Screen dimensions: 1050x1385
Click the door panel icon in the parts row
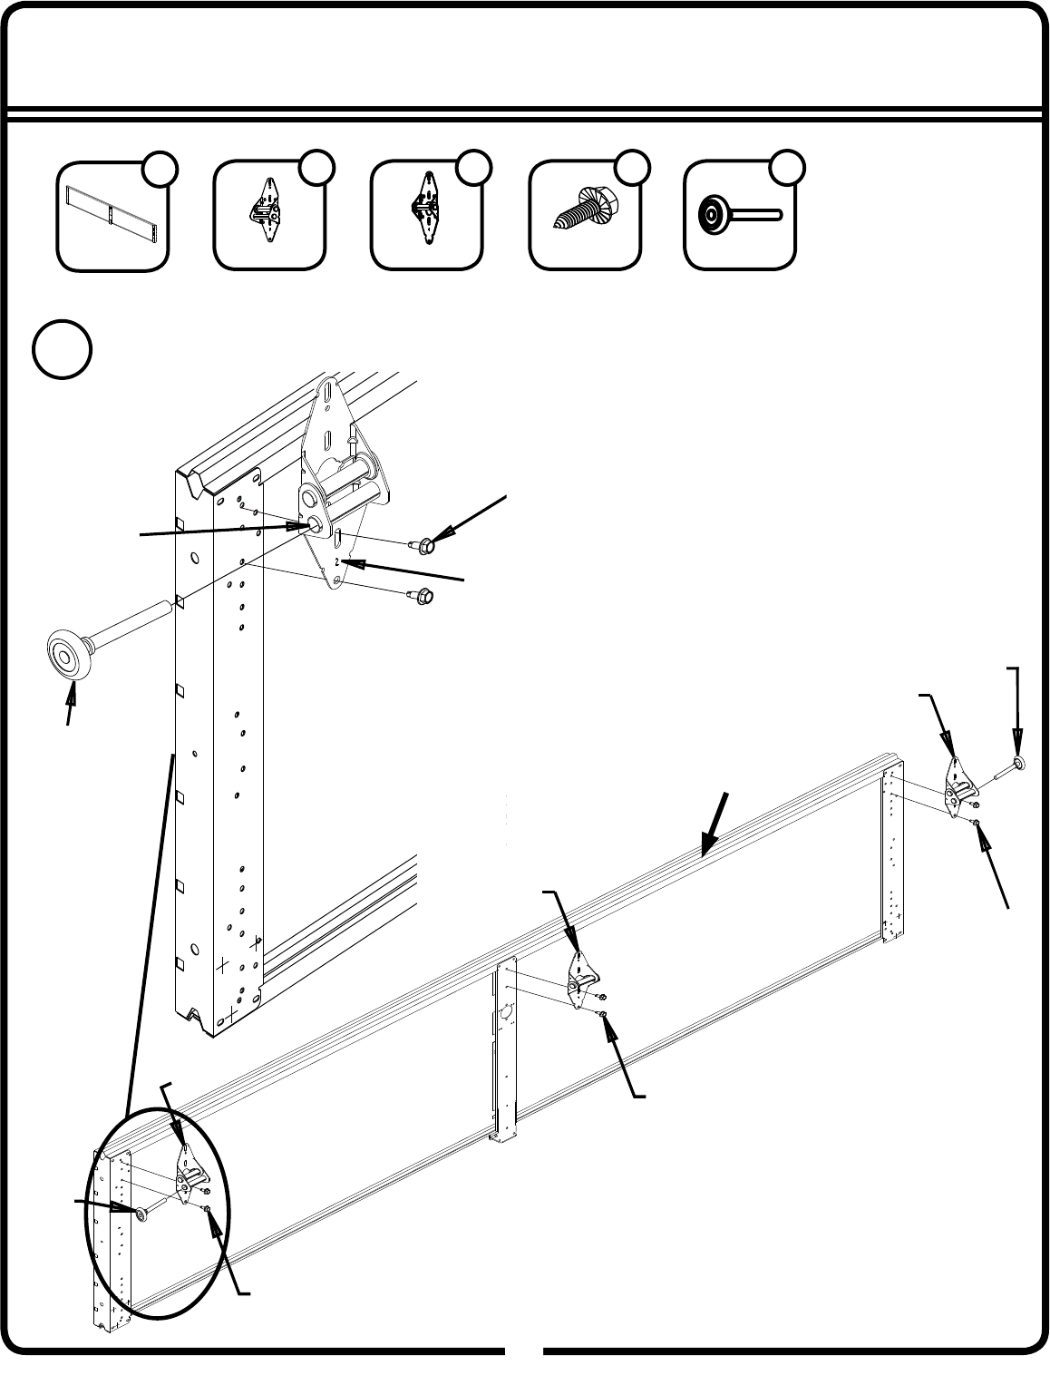coord(112,215)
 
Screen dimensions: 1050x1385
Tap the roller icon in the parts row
coord(740,215)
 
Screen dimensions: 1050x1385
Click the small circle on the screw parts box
coord(631,168)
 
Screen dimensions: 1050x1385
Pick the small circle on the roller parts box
coord(787,168)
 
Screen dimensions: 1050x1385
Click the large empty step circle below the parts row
coord(62,349)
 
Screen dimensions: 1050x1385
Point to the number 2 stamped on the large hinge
coord(337,561)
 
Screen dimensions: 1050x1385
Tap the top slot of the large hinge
coord(327,395)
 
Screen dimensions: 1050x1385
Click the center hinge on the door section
coord(581,980)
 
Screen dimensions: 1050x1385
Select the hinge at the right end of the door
coord(958,787)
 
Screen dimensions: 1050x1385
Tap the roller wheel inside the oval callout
coord(140,1213)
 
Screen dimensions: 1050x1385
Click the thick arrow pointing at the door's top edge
coord(715,824)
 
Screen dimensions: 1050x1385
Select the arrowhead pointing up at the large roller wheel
coord(73,693)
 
